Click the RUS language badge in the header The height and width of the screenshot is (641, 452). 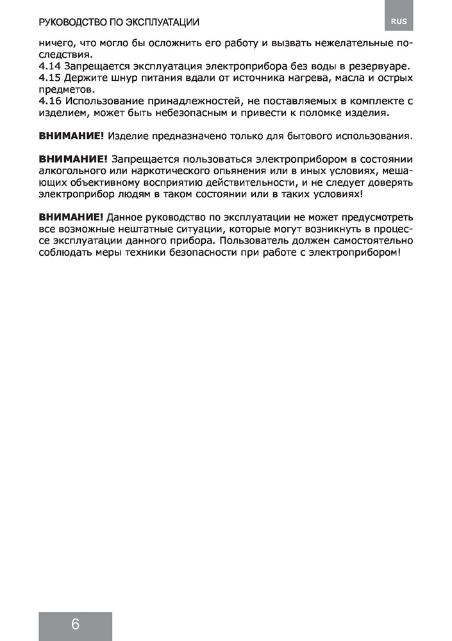point(398,21)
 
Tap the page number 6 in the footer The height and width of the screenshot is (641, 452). point(75,624)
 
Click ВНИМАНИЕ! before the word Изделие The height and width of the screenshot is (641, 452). point(71,136)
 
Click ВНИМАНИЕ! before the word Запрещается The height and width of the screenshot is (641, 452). point(71,159)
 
